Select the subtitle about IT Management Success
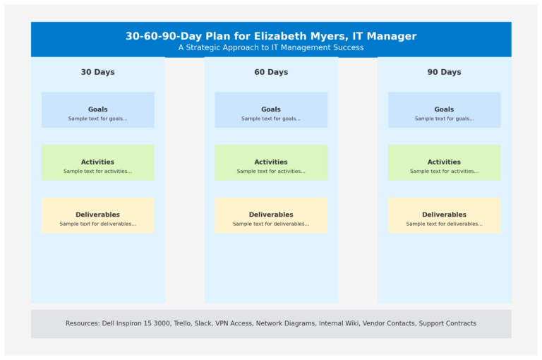point(271,48)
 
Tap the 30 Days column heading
point(97,72)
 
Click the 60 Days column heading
point(271,72)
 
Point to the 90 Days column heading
point(444,72)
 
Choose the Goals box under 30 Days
point(97,110)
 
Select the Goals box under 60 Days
point(271,110)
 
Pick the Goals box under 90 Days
point(444,110)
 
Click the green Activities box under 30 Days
point(97,163)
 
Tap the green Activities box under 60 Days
point(271,163)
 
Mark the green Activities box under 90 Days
point(444,163)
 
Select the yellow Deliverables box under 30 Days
point(97,215)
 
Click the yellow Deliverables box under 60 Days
point(271,215)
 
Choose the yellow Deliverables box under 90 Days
point(444,215)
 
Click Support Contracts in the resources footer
point(447,323)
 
